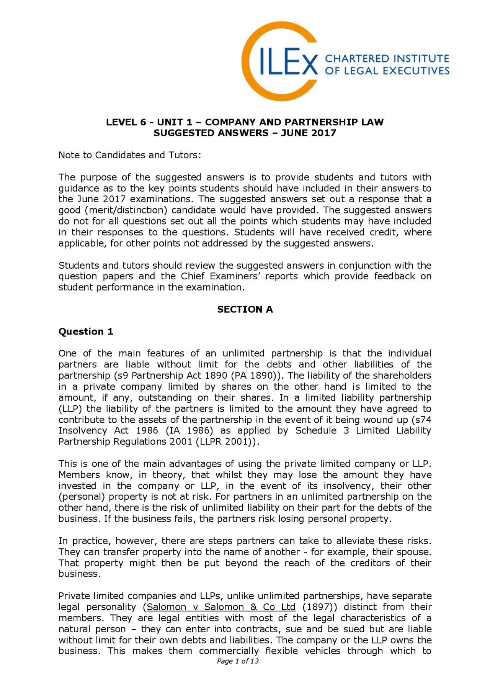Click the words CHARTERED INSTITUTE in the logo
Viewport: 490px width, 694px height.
tap(387, 59)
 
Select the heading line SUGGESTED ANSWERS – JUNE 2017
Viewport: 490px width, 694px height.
tap(245, 133)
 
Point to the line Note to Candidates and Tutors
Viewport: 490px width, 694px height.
tap(129, 155)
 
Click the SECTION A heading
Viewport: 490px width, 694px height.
tap(245, 309)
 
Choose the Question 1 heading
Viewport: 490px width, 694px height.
tap(86, 331)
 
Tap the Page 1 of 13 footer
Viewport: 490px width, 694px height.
tap(238, 661)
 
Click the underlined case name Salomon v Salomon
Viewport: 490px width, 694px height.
tap(221, 607)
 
